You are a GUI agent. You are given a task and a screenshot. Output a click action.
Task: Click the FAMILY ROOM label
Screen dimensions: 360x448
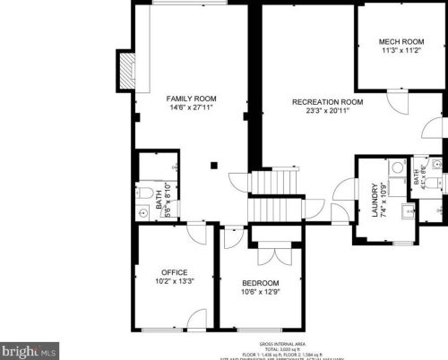(x=191, y=98)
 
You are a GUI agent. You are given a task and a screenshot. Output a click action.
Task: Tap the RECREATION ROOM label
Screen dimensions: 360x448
(x=327, y=102)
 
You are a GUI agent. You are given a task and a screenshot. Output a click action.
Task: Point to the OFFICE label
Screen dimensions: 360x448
(x=174, y=271)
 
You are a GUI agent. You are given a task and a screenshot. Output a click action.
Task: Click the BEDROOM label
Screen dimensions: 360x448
(x=260, y=283)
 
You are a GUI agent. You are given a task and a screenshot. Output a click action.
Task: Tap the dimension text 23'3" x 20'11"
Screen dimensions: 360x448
(x=327, y=112)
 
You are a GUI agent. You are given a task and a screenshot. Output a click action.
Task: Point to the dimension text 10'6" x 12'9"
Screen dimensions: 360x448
(x=260, y=292)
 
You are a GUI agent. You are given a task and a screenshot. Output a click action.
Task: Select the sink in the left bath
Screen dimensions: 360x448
(x=144, y=213)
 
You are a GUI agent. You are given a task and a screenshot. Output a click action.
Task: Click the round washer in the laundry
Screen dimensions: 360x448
(x=396, y=167)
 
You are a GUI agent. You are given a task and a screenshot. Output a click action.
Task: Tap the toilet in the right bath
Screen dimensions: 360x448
(x=434, y=181)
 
